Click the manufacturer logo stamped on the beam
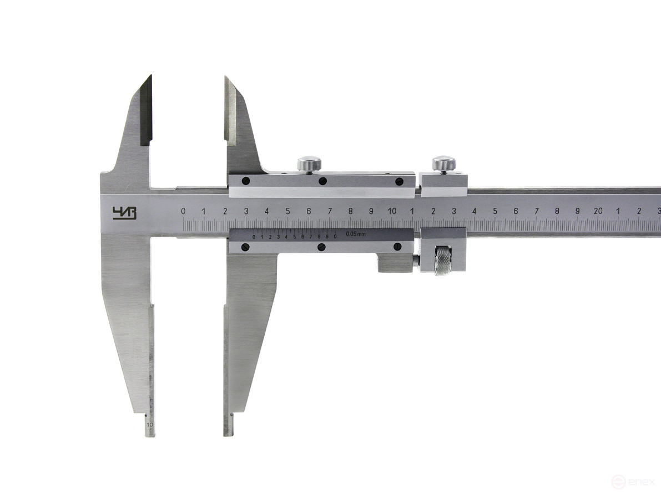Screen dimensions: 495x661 [x=124, y=213]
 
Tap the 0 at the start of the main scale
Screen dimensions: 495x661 [x=183, y=211]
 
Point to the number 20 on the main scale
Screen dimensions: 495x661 [x=598, y=211]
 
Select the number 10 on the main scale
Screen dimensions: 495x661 [x=392, y=211]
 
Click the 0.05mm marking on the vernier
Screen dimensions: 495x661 [x=355, y=234]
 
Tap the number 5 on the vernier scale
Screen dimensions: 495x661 [x=295, y=237]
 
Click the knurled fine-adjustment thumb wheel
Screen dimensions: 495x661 [x=443, y=261]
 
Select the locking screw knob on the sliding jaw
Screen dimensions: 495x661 [x=309, y=164]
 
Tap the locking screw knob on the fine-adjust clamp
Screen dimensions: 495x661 [x=443, y=164]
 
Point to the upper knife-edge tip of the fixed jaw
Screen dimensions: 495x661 [x=149, y=78]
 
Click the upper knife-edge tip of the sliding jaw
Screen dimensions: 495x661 [x=226, y=78]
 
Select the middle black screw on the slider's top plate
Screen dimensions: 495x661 [x=322, y=181]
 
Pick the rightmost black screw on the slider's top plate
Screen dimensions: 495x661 [x=398, y=181]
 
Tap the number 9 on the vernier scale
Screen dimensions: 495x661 [x=327, y=237]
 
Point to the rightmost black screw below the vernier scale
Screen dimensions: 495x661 [x=397, y=247]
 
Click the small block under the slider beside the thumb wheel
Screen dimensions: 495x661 [x=395, y=262]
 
